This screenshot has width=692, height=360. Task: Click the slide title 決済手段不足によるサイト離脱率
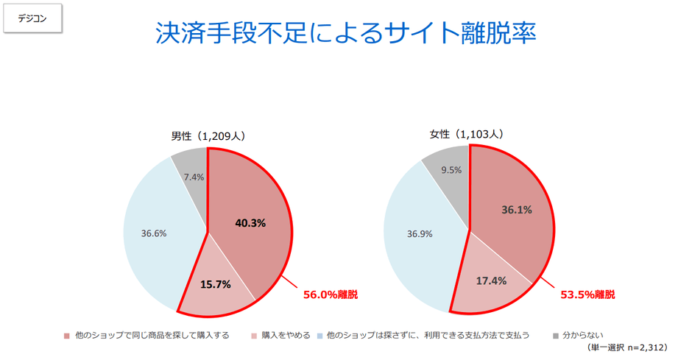coord(345,33)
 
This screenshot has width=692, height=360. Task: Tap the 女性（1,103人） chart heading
coord(467,134)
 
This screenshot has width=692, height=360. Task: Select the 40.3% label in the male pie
coord(250,222)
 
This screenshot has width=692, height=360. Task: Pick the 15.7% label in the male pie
coord(216,283)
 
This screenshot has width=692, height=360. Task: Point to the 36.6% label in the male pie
coord(154,233)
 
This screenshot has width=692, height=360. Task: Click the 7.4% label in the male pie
coord(194,177)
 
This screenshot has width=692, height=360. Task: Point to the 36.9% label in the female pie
coord(420,233)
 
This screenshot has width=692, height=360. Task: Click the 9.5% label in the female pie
coord(451,170)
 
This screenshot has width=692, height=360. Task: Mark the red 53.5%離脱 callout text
coord(587,294)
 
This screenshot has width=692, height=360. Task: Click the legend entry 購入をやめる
coord(280,335)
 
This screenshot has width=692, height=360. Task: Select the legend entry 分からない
coord(582,335)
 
